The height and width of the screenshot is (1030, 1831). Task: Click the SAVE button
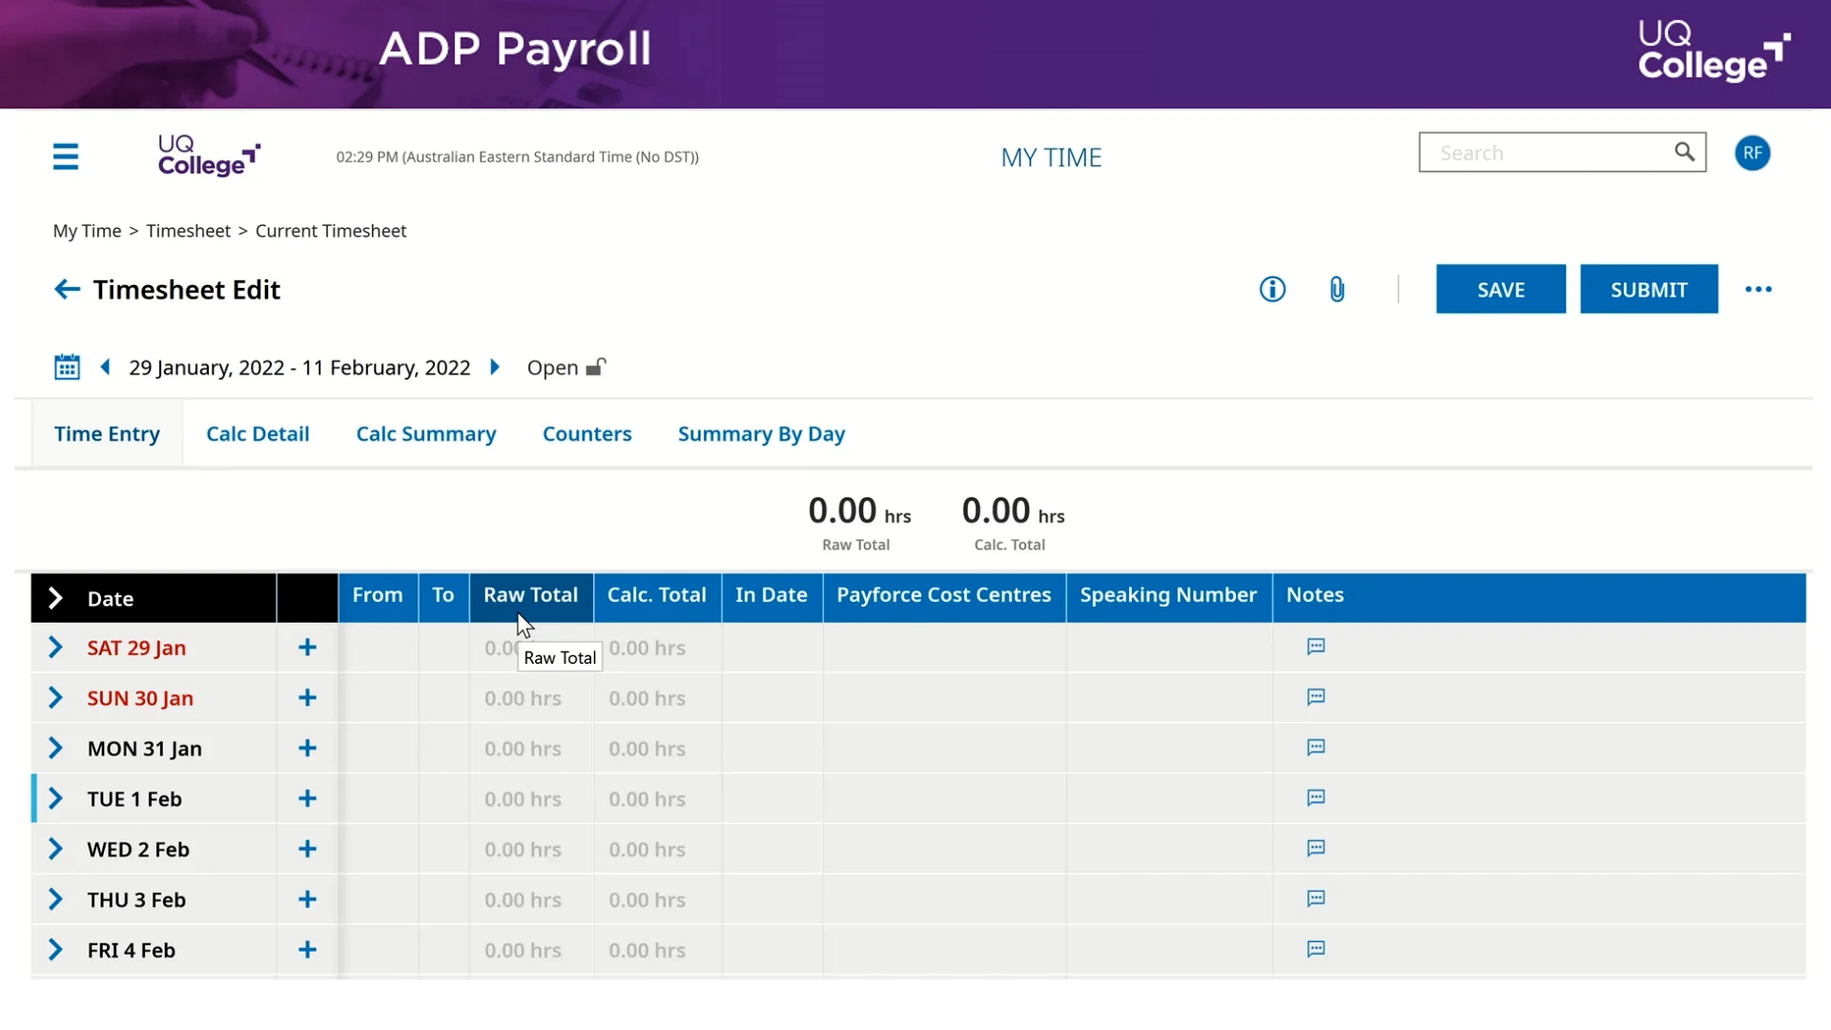tap(1500, 289)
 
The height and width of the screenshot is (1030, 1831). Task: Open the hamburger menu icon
tap(66, 156)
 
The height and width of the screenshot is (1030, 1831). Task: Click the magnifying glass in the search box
tap(1684, 153)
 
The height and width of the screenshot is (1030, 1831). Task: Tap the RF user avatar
tap(1752, 154)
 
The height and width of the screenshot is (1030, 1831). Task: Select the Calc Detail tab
tap(257, 434)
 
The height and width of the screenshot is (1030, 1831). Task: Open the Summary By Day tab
tap(761, 434)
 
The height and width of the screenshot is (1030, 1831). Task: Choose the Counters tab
tap(586, 434)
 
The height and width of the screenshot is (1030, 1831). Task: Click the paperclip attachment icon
tap(1337, 289)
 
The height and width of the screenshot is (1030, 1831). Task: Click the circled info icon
tap(1272, 289)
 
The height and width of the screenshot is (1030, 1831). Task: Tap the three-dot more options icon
tap(1758, 289)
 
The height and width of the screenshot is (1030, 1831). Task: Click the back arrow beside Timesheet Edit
tap(67, 289)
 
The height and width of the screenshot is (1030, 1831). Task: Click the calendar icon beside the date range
tap(67, 367)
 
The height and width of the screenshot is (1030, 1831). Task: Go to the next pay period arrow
tap(495, 367)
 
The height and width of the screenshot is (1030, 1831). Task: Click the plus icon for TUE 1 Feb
tap(307, 799)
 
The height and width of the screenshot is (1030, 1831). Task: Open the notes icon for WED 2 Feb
tap(1316, 849)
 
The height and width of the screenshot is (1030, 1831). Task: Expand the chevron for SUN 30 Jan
tap(55, 698)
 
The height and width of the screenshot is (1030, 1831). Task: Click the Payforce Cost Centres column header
tap(943, 595)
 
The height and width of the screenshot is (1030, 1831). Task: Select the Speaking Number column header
tap(1168, 595)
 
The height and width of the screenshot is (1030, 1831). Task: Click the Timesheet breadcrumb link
tap(188, 231)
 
